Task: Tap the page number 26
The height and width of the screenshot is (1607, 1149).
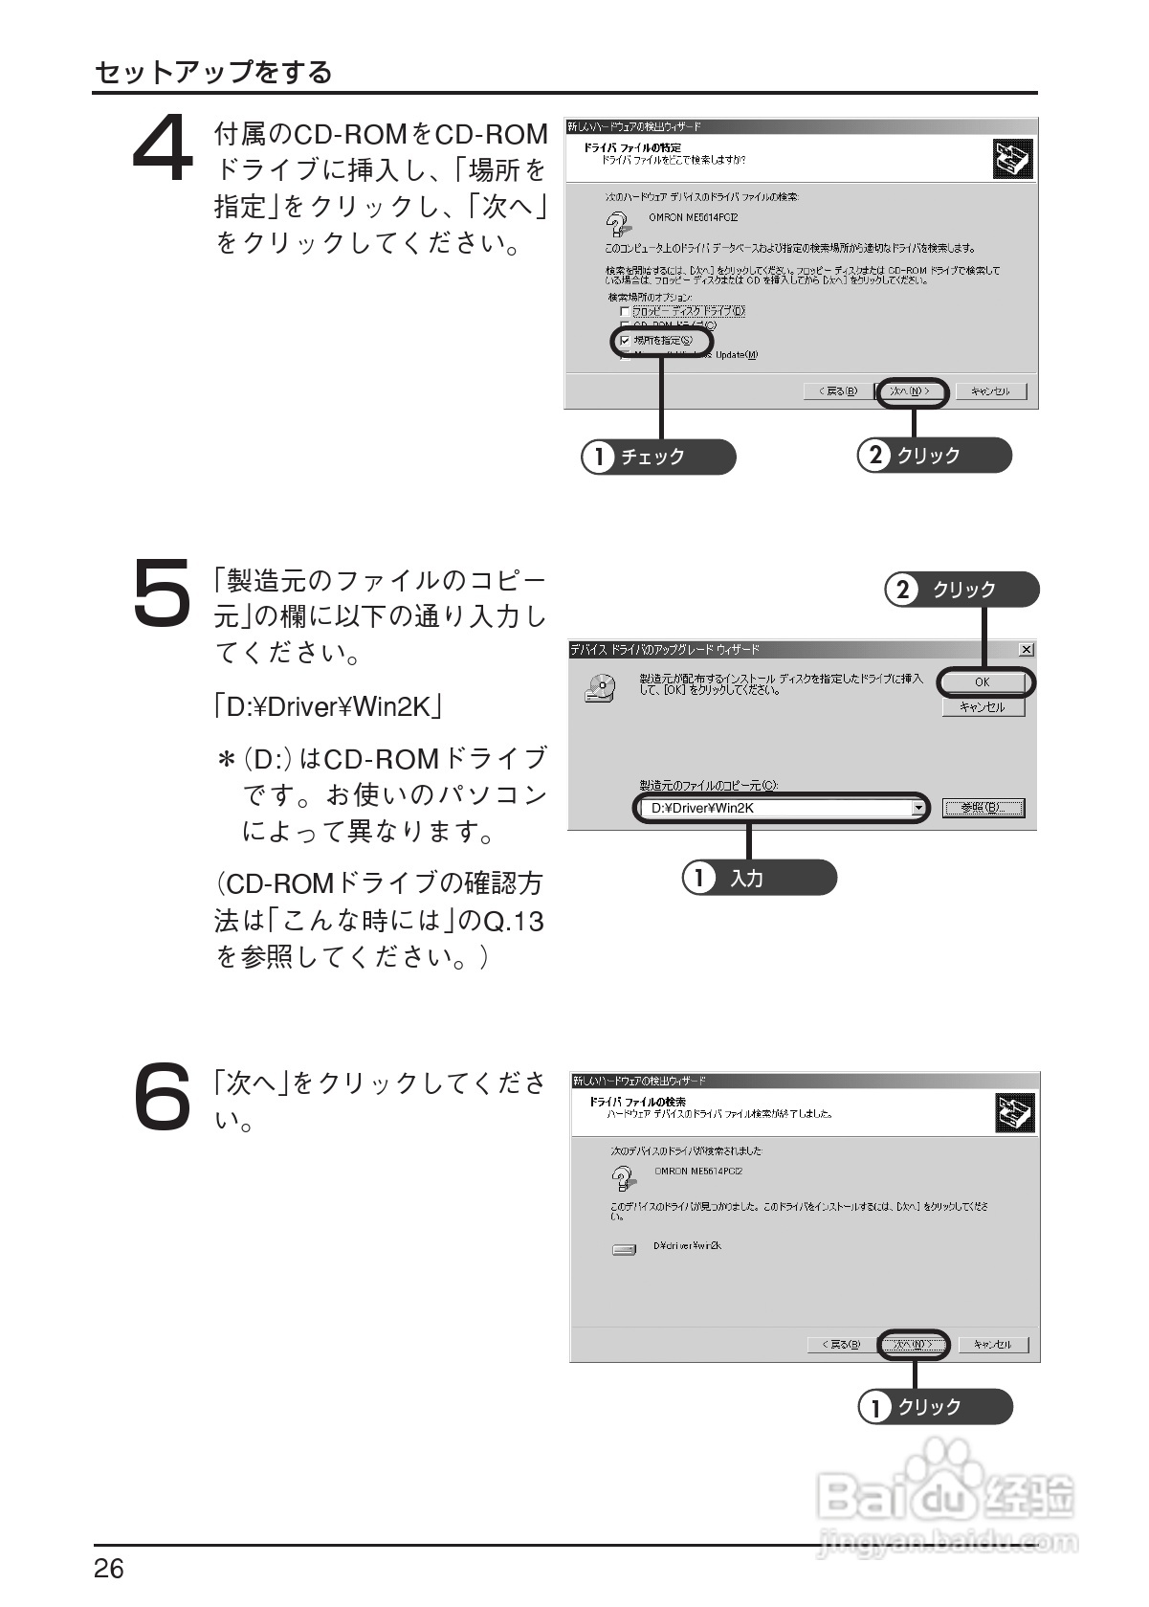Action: tap(109, 1569)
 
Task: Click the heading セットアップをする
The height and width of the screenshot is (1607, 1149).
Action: tap(213, 72)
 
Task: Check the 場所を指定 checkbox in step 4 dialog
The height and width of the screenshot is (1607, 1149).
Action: tap(626, 341)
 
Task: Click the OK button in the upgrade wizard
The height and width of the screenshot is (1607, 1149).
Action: tap(983, 682)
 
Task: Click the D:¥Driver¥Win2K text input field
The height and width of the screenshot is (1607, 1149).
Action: tap(775, 808)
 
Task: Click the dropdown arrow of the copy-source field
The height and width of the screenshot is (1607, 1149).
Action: tap(919, 809)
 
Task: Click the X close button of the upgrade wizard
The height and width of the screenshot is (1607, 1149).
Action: tap(1027, 650)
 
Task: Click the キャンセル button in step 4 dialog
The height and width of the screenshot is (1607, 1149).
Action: tap(990, 391)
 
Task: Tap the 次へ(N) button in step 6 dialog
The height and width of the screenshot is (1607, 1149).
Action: tap(914, 1345)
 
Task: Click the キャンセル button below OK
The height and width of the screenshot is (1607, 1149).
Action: tap(983, 707)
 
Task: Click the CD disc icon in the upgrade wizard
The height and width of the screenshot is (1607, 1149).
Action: tap(599, 688)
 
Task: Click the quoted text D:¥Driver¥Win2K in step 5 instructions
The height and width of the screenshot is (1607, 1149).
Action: tap(328, 707)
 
